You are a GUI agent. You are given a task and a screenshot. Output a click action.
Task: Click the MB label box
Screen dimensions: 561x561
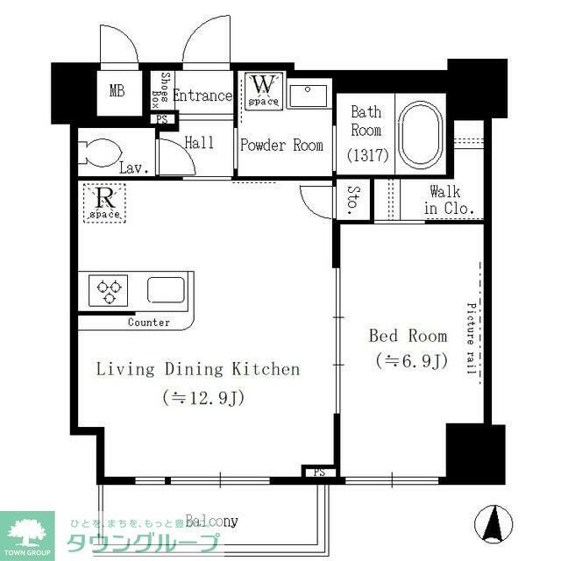117,91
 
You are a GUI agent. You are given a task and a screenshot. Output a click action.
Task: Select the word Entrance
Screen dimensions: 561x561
202,96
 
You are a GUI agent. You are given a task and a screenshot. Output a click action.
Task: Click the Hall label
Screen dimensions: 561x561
199,143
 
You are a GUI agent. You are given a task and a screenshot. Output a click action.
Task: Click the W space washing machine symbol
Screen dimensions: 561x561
262,89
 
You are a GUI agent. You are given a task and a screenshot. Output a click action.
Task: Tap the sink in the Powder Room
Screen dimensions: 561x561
307,95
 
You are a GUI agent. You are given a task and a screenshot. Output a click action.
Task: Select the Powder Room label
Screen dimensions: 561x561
281,146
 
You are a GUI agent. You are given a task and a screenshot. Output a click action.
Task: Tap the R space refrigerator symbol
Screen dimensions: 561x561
103,201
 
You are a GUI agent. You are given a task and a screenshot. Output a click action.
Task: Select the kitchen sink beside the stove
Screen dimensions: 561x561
165,289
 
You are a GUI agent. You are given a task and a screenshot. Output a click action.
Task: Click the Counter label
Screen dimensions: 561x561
149,323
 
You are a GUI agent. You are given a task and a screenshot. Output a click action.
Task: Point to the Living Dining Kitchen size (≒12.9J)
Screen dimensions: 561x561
202,397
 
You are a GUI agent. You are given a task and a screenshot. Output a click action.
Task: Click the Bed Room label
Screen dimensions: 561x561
407,336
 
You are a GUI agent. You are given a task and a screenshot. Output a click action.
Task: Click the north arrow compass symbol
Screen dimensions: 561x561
492,522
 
